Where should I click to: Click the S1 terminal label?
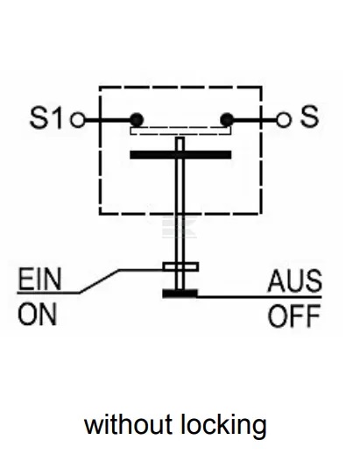coord(46,117)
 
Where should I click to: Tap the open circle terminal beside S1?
coord(78,120)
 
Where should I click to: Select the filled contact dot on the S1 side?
coord(137,120)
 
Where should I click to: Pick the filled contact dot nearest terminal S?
coord(227,120)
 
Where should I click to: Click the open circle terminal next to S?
coord(284,120)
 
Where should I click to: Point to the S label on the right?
coord(309,117)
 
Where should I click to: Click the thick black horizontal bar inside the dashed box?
coord(180,154)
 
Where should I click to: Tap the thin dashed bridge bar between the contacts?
coord(180,131)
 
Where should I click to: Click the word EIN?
coord(39,279)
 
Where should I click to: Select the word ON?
coord(38,315)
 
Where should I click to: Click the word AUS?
coord(295,281)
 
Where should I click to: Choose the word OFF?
coord(294,316)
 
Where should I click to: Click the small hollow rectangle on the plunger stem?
coord(180,266)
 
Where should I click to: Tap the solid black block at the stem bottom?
coord(180,294)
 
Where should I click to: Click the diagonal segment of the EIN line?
coord(100,281)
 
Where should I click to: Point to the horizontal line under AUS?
coord(259,297)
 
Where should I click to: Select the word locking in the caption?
coord(223,426)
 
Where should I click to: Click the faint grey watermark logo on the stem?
coord(180,228)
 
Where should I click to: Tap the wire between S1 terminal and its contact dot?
coord(108,120)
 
